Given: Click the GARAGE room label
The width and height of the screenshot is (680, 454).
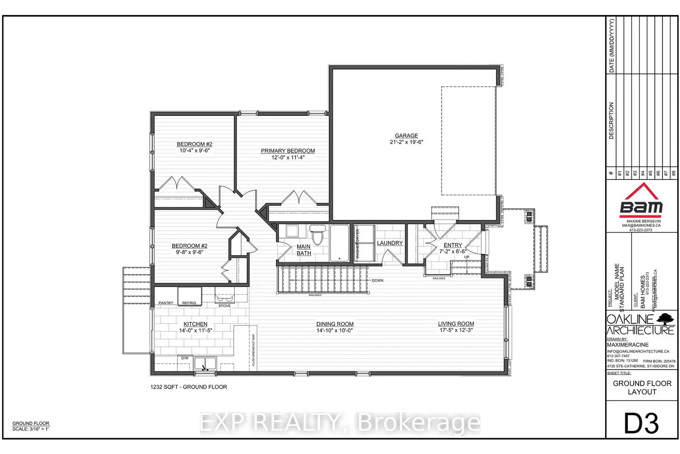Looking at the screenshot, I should coord(406,136).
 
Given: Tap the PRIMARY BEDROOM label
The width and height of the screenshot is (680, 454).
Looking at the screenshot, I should coord(288,151).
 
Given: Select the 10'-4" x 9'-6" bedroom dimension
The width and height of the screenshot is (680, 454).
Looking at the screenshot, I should coord(194,150).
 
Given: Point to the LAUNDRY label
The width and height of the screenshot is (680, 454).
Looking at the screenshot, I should coord(390,243).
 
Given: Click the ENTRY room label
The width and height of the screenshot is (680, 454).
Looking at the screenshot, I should coord(453,245).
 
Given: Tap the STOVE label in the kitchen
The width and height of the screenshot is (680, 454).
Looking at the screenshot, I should coord(224,306).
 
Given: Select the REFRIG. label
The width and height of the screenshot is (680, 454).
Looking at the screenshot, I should coord(189,303).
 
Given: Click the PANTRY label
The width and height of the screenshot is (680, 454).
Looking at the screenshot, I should coord(166,303).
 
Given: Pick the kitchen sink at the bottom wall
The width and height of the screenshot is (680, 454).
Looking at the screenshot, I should coord(205,364).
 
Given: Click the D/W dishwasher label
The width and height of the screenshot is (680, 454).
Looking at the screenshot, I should coord(185,358).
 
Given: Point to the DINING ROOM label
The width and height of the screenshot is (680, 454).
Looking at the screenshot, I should coord(335,324).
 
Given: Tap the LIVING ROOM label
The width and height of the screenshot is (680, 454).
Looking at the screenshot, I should coord(456,324).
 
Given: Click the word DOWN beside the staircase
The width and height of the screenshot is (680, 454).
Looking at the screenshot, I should coord(378,281).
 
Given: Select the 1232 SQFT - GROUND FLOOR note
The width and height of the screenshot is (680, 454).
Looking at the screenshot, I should coord(189,387).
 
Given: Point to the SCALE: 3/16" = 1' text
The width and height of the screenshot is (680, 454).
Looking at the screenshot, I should coord(31,429).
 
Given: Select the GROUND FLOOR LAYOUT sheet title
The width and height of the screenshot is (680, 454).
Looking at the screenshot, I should coord(642,388).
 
